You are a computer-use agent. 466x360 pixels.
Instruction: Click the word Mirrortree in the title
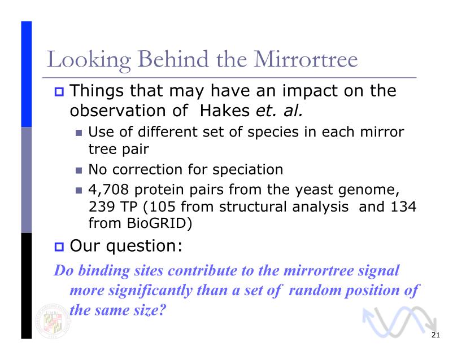pos(306,59)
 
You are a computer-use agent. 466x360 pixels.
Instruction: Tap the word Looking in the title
pos(89,60)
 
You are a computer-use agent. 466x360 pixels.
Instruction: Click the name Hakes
pos(225,111)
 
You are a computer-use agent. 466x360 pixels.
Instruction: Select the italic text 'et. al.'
pos(280,111)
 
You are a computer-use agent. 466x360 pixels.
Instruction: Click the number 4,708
pos(108,190)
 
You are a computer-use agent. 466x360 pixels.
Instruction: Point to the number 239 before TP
pos(101,207)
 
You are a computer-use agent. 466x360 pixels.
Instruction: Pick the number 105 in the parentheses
pos(162,207)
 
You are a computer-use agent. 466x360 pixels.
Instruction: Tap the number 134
pos(403,207)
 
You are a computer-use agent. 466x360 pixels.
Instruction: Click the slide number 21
pos(435,335)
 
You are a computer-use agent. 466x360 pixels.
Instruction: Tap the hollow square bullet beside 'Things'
pos(59,91)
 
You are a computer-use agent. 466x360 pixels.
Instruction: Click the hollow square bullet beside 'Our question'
pos(59,247)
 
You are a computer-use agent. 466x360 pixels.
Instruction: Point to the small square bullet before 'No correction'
pos(79,170)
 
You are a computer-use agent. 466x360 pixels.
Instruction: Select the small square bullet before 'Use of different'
pos(79,133)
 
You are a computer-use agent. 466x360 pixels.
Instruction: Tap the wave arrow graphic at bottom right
pos(399,322)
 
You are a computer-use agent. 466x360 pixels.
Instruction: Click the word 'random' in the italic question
pos(315,289)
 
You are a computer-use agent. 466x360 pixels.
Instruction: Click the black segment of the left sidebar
pos(26,286)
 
